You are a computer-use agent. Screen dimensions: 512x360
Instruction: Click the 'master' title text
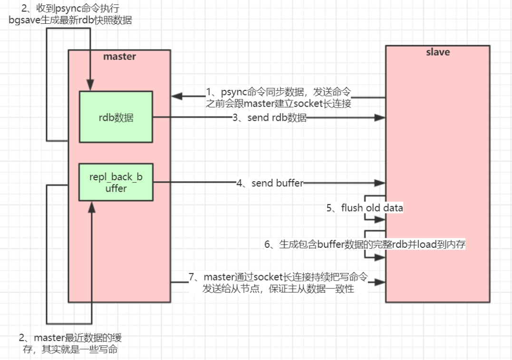119,57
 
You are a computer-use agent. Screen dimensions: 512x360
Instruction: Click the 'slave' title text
438,52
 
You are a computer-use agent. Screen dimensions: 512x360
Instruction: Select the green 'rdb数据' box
116,117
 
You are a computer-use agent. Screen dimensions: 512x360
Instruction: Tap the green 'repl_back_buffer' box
116,182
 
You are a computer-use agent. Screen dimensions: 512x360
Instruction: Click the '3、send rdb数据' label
270,117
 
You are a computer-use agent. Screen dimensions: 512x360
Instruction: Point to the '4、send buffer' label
270,183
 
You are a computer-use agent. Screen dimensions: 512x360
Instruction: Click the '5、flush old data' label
365,208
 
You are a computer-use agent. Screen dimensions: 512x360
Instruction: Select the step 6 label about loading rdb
365,244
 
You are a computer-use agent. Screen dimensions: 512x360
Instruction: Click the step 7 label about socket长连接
278,283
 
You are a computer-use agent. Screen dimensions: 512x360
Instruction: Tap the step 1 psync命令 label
278,97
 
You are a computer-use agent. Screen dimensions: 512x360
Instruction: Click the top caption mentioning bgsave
70,14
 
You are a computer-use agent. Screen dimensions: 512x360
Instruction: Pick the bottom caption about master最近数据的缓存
70,343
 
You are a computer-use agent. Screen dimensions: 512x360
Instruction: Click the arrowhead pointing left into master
177,96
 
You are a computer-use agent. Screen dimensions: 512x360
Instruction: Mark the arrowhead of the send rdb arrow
380,117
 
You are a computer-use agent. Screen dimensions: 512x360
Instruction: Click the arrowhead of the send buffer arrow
380,183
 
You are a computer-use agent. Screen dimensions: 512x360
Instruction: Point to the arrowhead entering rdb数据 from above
90,85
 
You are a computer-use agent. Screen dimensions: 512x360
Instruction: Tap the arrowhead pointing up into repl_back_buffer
92,207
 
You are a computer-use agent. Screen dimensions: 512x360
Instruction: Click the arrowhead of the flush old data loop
380,220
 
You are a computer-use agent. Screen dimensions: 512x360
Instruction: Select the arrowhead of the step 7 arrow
380,282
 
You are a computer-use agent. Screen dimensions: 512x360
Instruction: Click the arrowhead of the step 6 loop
380,257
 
